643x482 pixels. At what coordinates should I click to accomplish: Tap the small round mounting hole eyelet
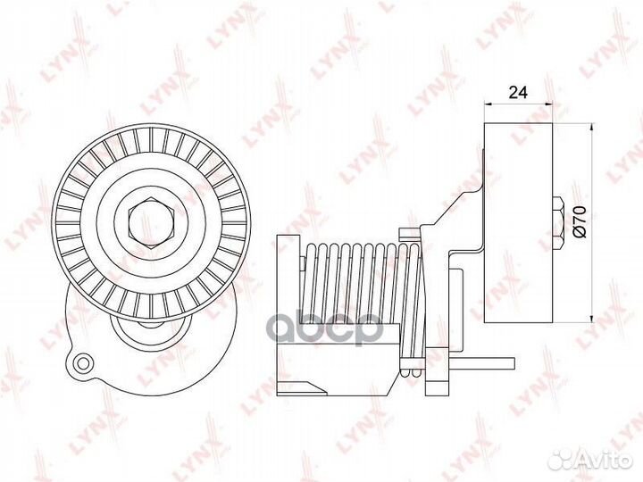[83, 363]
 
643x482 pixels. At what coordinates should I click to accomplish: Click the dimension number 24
[517, 90]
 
